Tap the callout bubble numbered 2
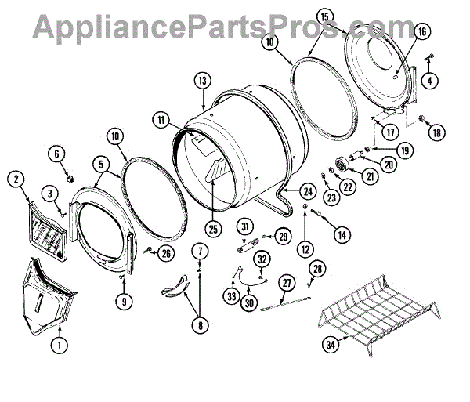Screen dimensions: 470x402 (x=16, y=179)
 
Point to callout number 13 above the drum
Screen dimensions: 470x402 (x=202, y=80)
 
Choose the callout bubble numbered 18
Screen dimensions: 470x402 (x=437, y=132)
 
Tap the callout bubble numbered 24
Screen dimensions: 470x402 (x=307, y=190)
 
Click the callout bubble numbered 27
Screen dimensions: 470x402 (x=287, y=284)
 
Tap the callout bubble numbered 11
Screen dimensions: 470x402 (x=161, y=121)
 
